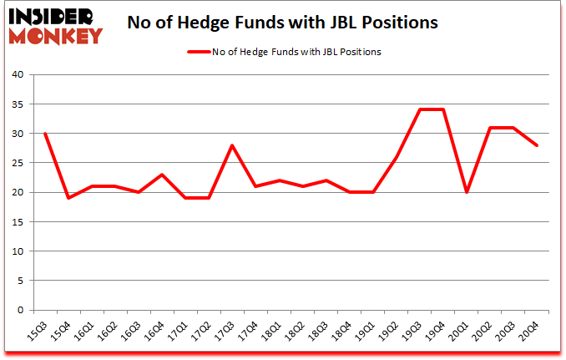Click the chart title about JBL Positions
(282, 23)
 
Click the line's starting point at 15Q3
(45, 134)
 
